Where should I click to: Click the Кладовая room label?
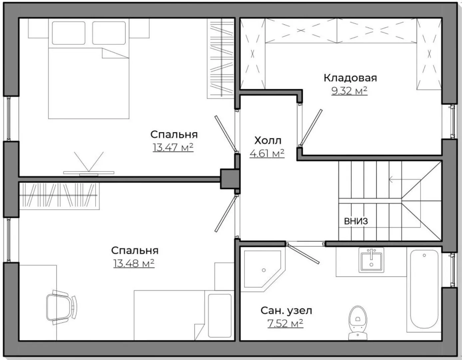(350, 78)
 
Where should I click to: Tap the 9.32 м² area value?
(349, 91)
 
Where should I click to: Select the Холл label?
(268, 140)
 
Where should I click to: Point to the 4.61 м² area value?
(267, 153)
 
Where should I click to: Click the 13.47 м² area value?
(173, 147)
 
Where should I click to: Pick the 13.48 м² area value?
(134, 263)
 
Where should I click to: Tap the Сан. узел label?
(286, 311)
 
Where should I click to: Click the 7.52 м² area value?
(285, 323)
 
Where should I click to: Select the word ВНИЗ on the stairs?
(356, 221)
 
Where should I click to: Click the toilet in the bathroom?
(358, 323)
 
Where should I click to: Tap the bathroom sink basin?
(371, 260)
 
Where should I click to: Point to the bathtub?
(424, 289)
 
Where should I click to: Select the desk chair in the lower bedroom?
(62, 307)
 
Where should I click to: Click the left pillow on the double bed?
(69, 33)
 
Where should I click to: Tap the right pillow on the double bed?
(109, 33)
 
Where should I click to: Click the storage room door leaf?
(311, 127)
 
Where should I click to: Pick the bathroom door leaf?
(303, 254)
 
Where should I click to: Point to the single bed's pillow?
(220, 316)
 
